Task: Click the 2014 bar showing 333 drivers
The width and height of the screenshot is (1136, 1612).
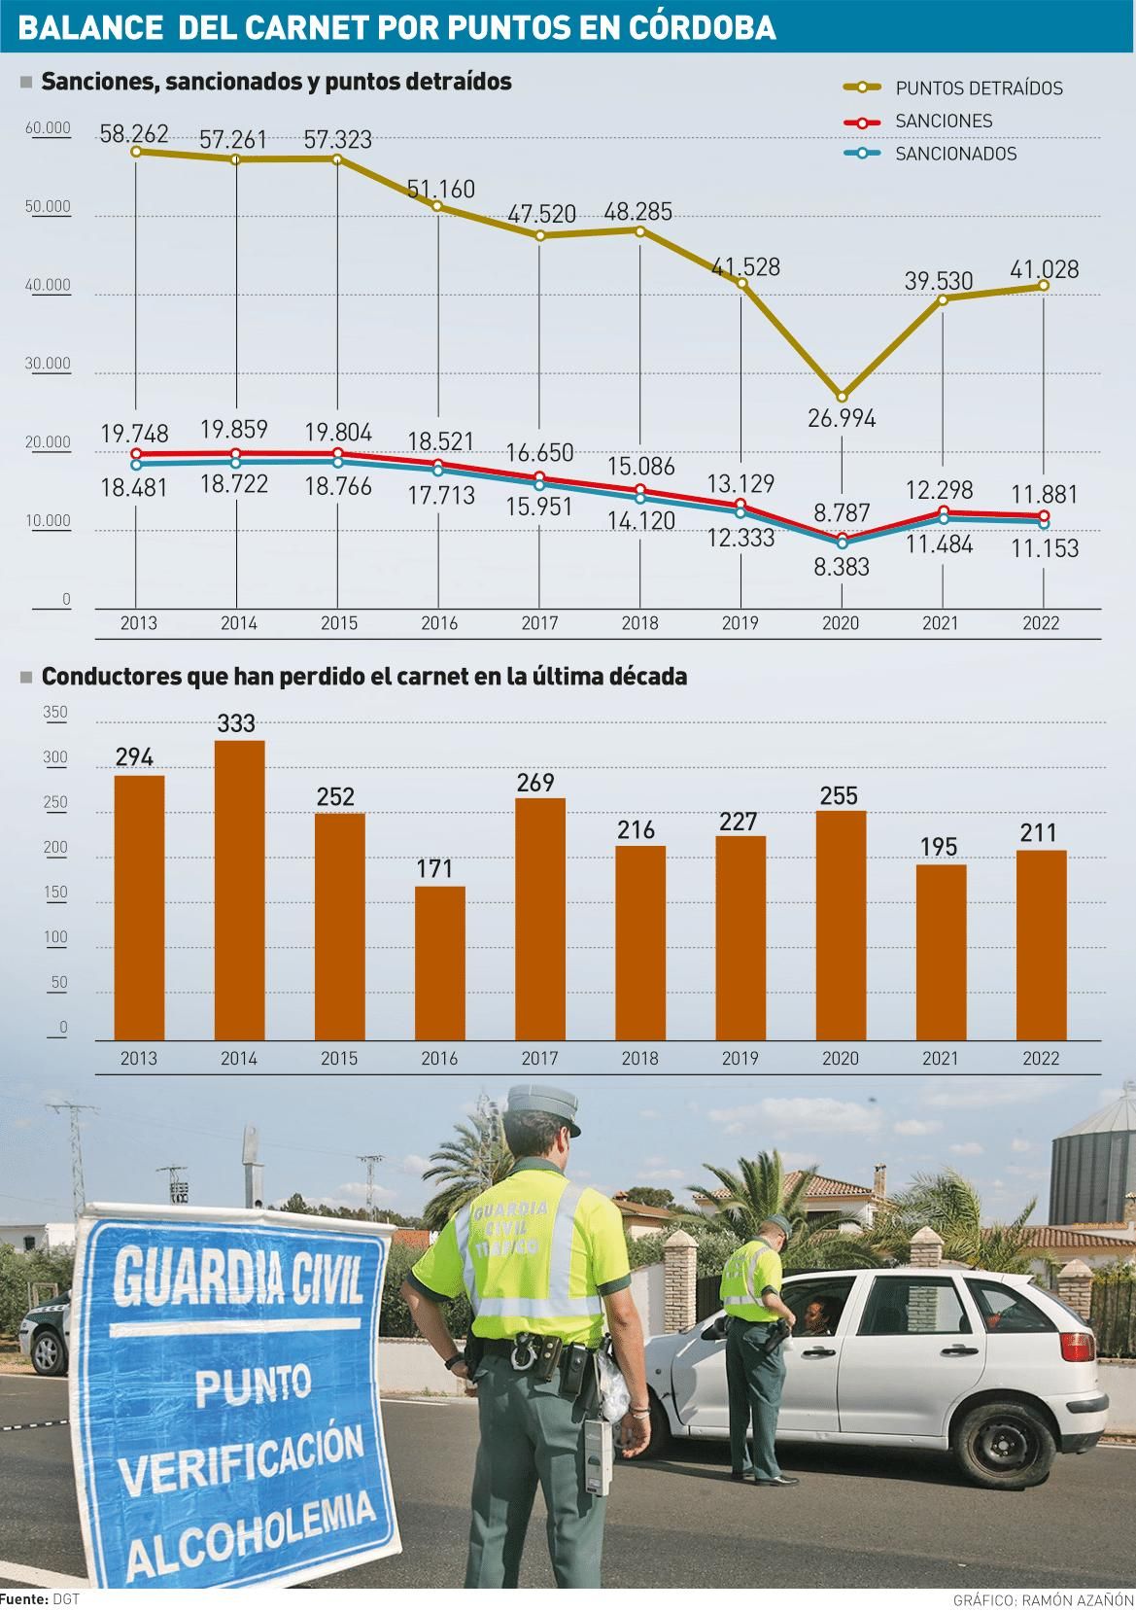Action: pos(239,890)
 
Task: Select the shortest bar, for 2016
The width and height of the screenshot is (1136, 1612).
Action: pos(439,963)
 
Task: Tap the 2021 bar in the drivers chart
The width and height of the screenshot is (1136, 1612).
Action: pos(941,952)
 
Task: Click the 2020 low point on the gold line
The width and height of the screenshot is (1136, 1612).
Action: pos(842,397)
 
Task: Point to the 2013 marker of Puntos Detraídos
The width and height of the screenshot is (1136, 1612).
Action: pos(136,152)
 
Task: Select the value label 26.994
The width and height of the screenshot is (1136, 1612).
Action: pos(842,418)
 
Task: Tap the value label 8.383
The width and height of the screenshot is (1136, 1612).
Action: pos(842,566)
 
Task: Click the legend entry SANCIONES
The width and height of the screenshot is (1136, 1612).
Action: pos(943,121)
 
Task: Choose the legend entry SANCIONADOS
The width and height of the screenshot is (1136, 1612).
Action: pos(955,154)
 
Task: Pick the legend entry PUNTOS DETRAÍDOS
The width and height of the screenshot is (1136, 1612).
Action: pos(979,88)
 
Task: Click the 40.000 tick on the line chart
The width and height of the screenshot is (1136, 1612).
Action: pos(52,285)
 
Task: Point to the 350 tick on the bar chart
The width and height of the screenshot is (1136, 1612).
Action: pos(56,713)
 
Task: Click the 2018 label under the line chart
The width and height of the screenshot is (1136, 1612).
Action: pos(639,623)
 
